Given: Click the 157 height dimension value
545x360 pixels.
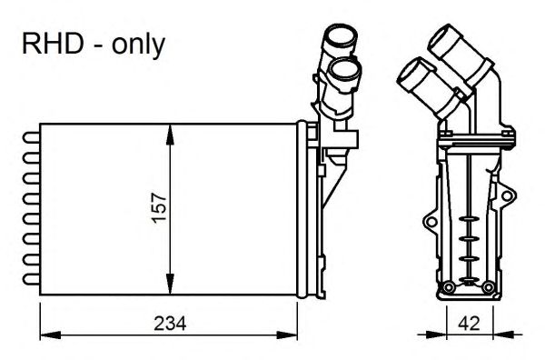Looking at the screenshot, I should pos(156,210).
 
